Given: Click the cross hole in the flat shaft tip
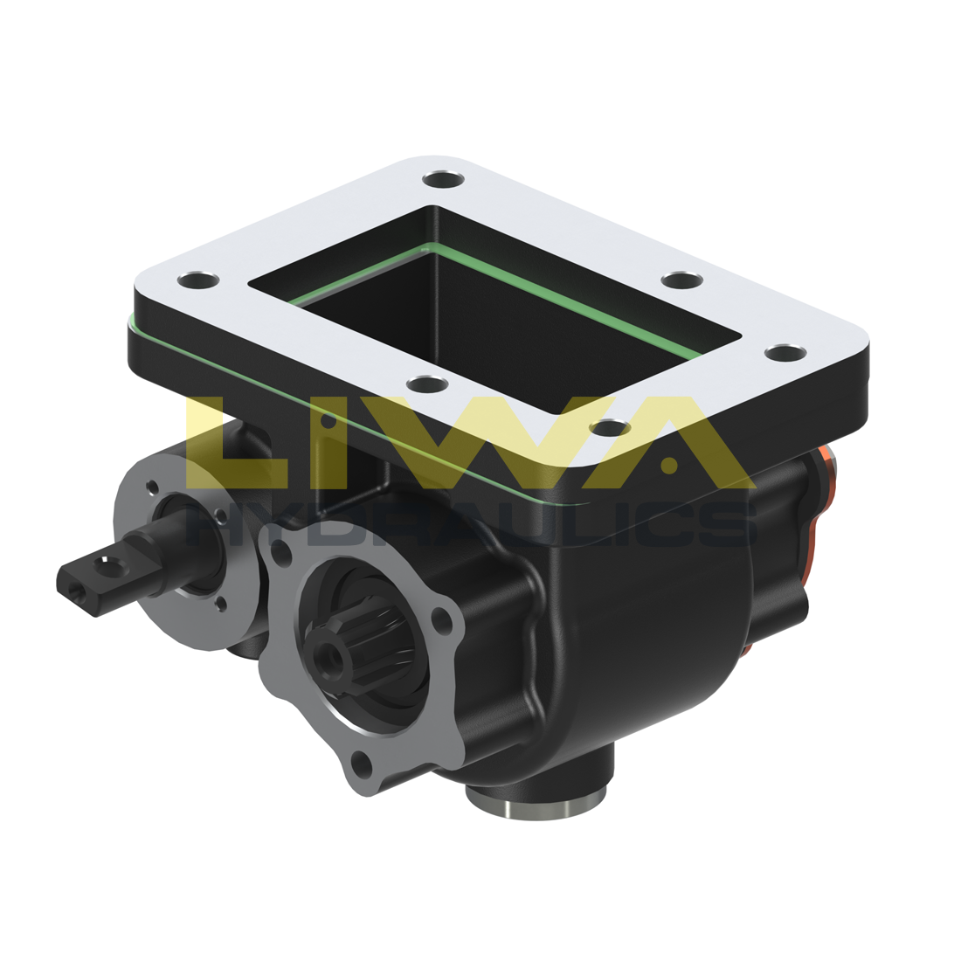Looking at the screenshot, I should coord(108,563).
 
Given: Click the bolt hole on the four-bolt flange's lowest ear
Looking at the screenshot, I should coord(363,769).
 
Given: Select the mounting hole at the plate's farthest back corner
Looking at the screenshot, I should coord(443,180).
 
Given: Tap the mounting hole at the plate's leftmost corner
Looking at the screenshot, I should coord(197,281).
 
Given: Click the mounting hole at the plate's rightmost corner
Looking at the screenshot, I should coord(784,352).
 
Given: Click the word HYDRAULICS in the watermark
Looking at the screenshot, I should coord(472,524).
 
